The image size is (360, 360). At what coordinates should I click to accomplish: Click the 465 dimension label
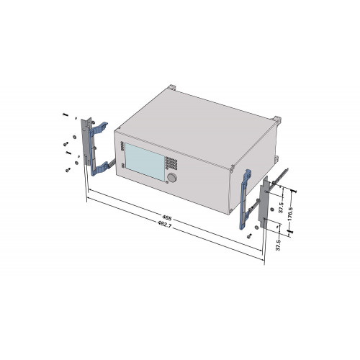click(167, 218)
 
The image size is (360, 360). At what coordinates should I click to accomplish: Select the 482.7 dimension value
click(165, 224)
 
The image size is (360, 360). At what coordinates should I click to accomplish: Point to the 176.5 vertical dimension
click(290, 214)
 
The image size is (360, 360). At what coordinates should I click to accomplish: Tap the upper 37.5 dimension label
click(282, 207)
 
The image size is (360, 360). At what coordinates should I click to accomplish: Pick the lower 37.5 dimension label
click(278, 245)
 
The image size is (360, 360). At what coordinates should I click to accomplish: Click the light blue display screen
click(145, 161)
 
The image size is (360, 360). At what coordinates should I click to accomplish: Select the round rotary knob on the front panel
click(172, 178)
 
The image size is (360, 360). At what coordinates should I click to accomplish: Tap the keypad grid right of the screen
click(171, 163)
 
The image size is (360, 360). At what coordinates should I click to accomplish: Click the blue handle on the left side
click(98, 149)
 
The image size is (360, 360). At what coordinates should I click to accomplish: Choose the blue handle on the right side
click(245, 198)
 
